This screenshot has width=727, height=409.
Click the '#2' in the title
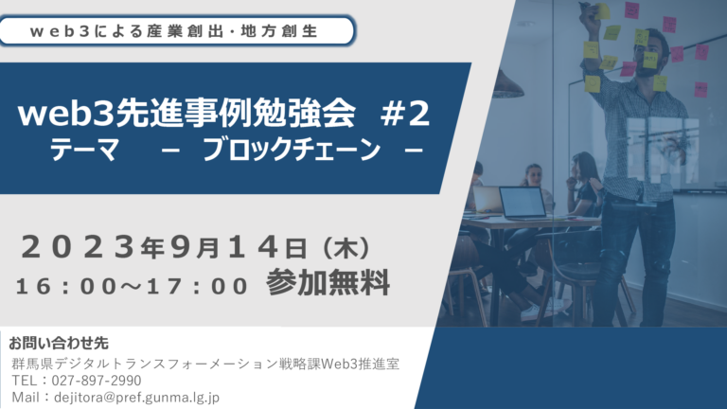(405, 114)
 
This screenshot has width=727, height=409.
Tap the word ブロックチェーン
(292, 150)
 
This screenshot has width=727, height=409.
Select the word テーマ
(84, 150)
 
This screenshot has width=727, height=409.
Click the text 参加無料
(328, 283)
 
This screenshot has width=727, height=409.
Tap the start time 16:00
(66, 286)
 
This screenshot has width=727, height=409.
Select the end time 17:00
(198, 286)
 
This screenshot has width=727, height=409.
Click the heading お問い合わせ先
(59, 343)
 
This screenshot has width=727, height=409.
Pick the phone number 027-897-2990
(97, 381)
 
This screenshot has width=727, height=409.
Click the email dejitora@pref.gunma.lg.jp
(136, 398)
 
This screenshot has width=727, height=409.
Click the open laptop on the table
(523, 203)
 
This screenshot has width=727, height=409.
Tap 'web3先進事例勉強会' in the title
(186, 114)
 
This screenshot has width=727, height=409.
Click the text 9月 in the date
(195, 248)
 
